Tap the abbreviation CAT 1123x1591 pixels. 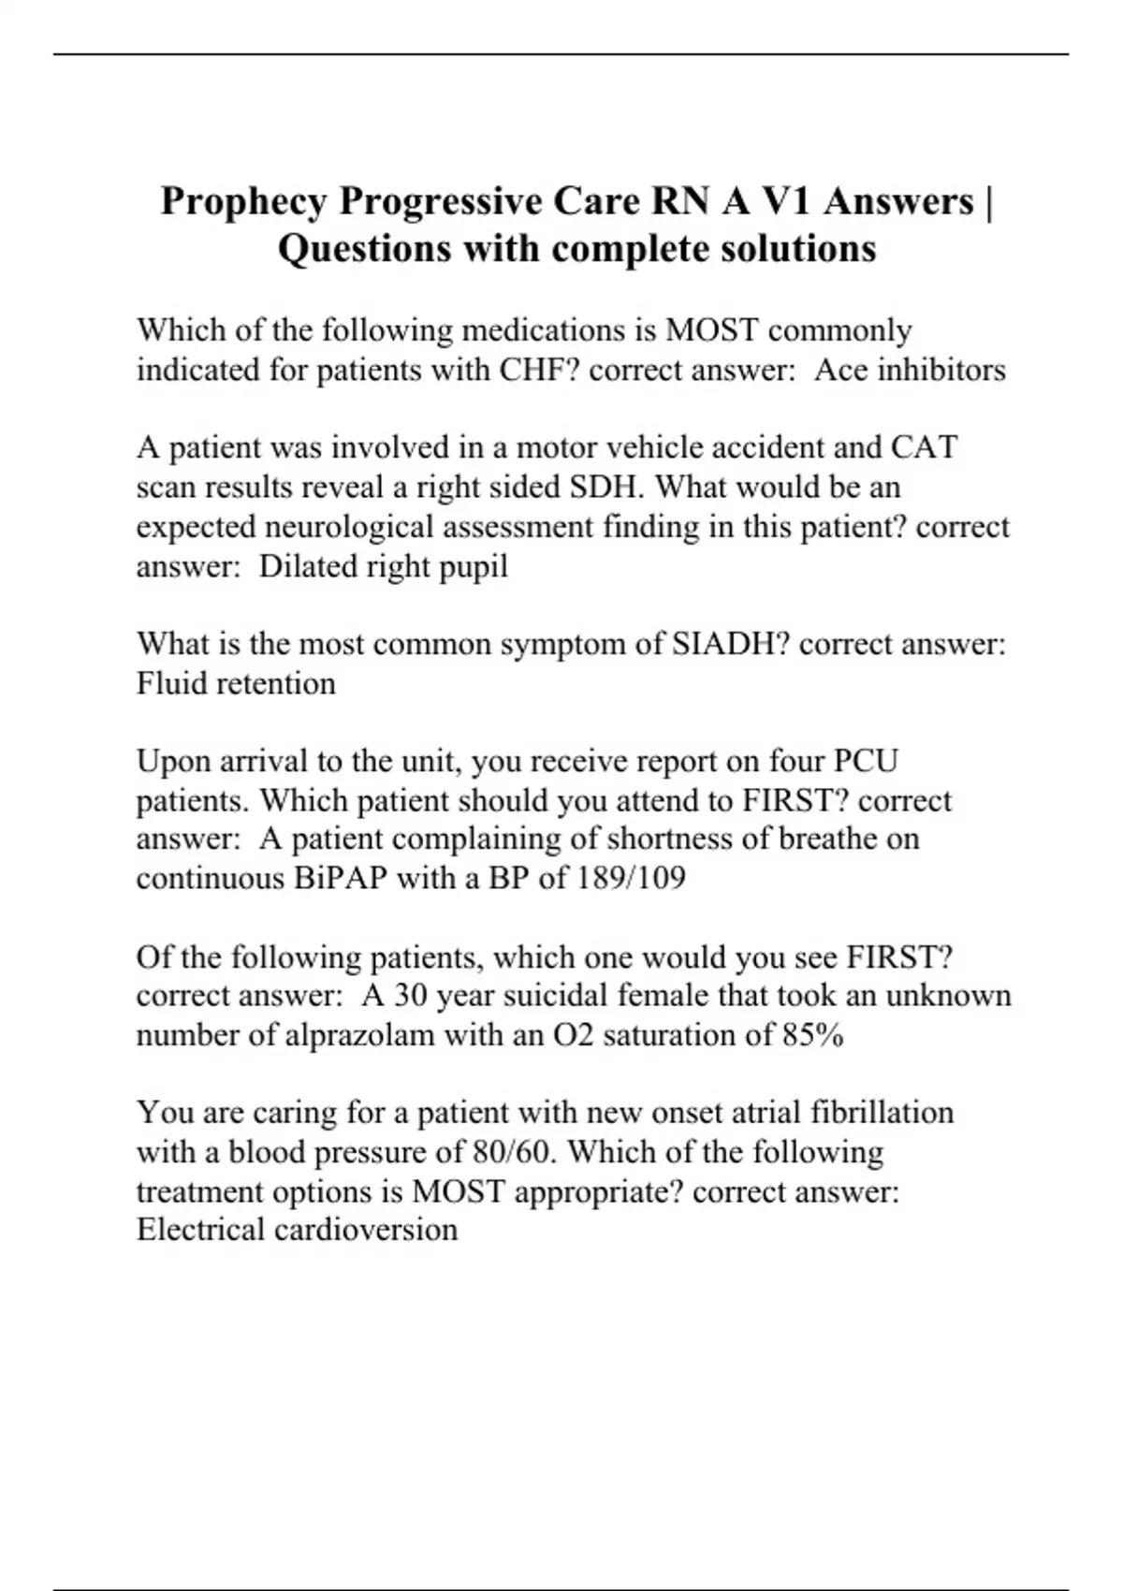pyautogui.click(x=924, y=448)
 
